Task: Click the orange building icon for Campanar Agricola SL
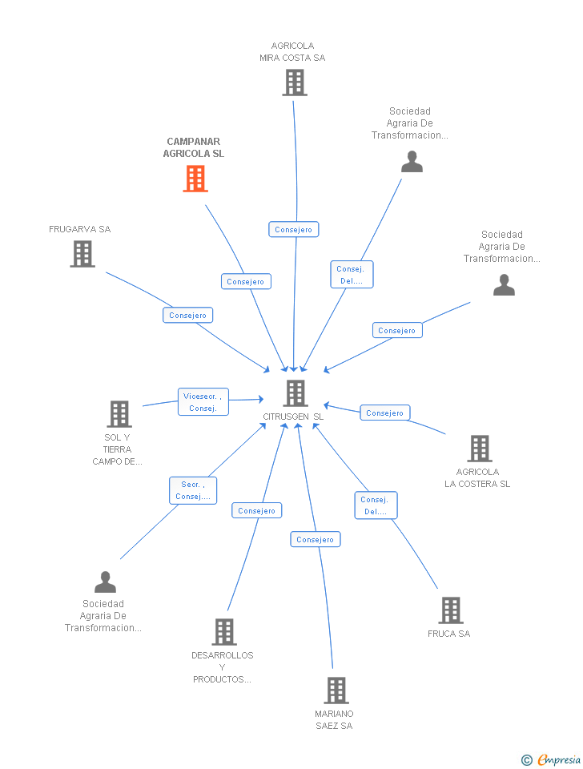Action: (195, 179)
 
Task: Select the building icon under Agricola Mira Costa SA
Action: (295, 83)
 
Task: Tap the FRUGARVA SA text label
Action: (80, 229)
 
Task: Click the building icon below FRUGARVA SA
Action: (82, 254)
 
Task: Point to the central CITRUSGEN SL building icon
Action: (296, 393)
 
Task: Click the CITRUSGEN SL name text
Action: (294, 417)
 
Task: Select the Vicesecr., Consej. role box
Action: (203, 402)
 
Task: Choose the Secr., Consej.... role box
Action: (193, 490)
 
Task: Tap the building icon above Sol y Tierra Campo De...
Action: (119, 414)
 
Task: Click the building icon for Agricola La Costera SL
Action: (480, 449)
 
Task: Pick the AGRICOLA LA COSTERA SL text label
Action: (477, 478)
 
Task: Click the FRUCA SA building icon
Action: (451, 610)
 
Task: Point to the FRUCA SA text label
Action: (448, 634)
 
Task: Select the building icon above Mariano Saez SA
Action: (336, 690)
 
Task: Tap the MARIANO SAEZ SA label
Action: (334, 720)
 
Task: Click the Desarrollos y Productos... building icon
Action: (224, 632)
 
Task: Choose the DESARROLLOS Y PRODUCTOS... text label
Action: (223, 667)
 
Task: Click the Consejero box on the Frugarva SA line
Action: (188, 316)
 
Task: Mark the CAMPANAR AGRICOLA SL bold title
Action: (194, 147)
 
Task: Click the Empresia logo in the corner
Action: (552, 759)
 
